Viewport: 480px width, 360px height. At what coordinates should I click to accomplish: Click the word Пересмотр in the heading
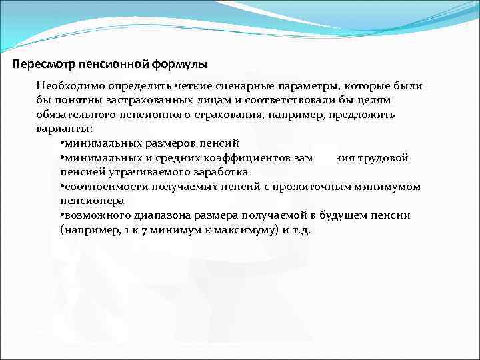click(x=43, y=65)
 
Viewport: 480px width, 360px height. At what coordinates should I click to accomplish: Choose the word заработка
click(x=215, y=172)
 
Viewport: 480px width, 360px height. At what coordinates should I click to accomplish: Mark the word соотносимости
click(x=100, y=186)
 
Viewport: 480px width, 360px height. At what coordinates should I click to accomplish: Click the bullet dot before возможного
click(x=61, y=215)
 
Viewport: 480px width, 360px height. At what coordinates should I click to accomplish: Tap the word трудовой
click(x=383, y=157)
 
